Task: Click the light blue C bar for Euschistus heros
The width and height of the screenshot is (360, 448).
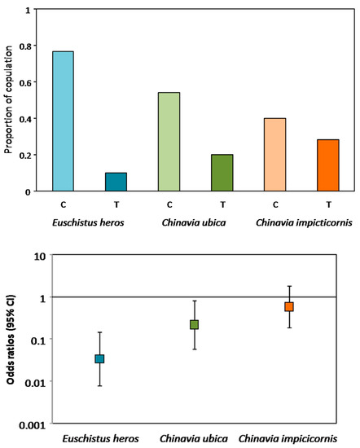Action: pyautogui.click(x=63, y=121)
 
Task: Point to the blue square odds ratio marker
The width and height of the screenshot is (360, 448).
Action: pyautogui.click(x=99, y=358)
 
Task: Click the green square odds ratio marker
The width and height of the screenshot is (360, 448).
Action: pyautogui.click(x=194, y=324)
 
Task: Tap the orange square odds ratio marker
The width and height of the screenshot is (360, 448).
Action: pyautogui.click(x=288, y=306)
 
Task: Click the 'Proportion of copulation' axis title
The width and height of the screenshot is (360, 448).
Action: pyautogui.click(x=10, y=102)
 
